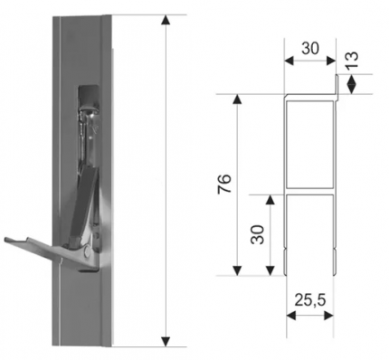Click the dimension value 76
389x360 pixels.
(x=224, y=184)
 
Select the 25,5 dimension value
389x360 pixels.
(x=310, y=299)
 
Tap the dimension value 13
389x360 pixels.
(x=352, y=59)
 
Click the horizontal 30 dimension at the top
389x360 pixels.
(x=310, y=48)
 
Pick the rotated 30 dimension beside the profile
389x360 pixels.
(x=258, y=234)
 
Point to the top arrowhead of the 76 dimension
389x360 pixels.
(x=238, y=99)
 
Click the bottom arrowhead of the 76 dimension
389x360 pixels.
(x=238, y=270)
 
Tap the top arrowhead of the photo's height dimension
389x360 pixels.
(x=166, y=20)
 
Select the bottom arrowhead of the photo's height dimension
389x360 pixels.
(x=166, y=341)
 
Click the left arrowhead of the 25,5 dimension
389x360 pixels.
(x=291, y=316)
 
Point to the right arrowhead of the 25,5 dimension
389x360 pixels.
(x=328, y=316)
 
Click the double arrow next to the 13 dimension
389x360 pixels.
(x=352, y=84)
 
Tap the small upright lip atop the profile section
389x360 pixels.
(x=337, y=88)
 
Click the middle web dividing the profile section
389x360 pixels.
(x=309, y=192)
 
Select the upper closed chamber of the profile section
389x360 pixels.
(x=310, y=145)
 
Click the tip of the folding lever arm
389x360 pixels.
(x=6, y=240)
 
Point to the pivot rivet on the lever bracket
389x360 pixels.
(x=88, y=251)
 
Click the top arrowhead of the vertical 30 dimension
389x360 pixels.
(x=270, y=200)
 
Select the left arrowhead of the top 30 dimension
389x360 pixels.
(x=289, y=61)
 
